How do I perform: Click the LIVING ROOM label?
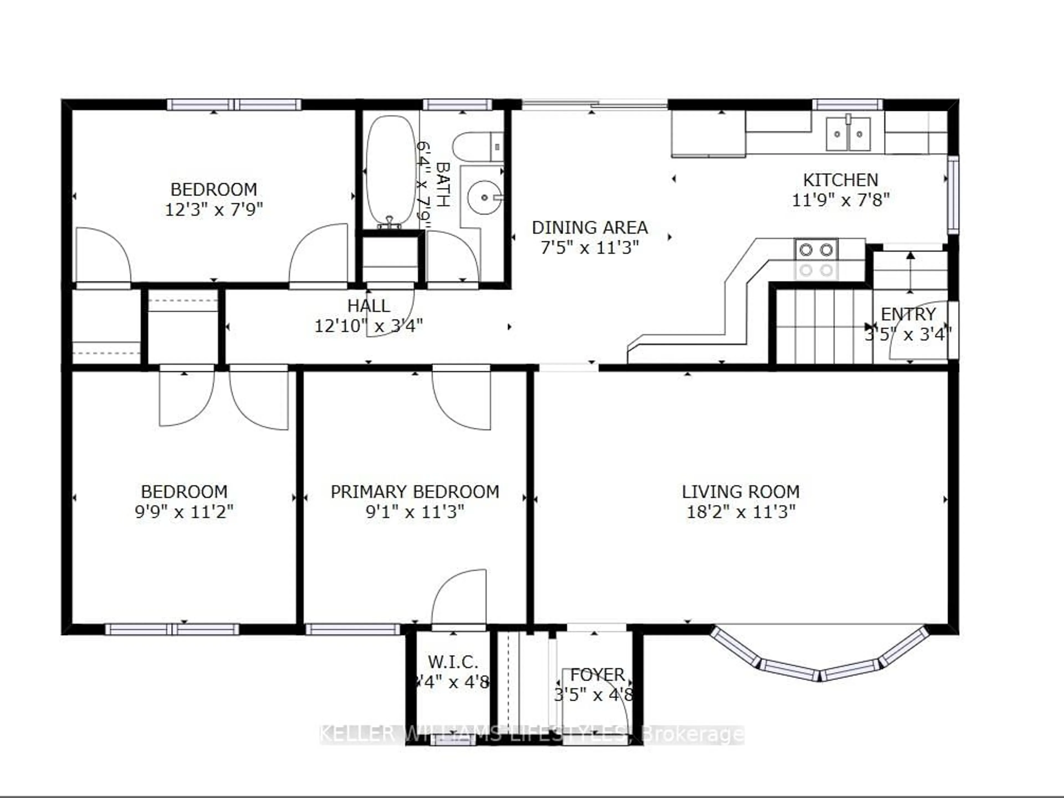(740, 492)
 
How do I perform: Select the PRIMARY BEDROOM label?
(415, 492)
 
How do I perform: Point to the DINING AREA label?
(590, 227)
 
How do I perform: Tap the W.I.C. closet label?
(453, 662)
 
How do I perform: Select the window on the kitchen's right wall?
(953, 195)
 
